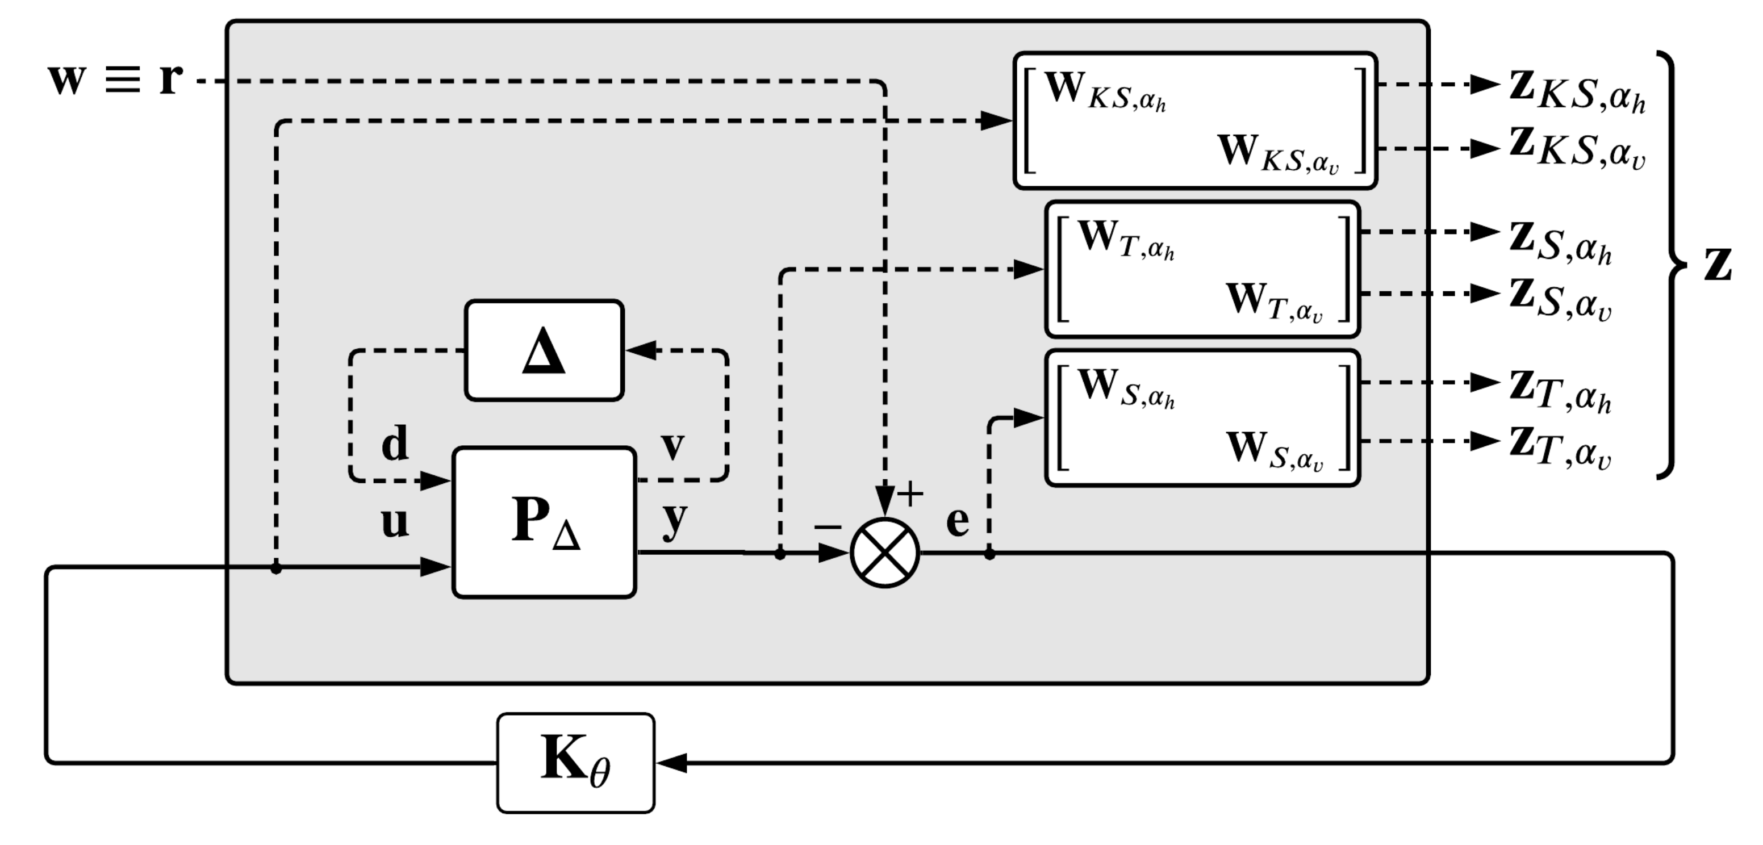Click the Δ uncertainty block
pyautogui.click(x=544, y=350)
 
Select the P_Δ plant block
pyautogui.click(x=545, y=523)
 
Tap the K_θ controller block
pyautogui.click(x=575, y=763)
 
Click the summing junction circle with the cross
pyautogui.click(x=885, y=552)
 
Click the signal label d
pyautogui.click(x=395, y=443)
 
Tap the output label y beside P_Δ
pyautogui.click(x=674, y=518)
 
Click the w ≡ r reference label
pyautogui.click(x=115, y=79)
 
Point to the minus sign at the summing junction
pyautogui.click(x=828, y=526)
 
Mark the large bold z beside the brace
pyautogui.click(x=1718, y=265)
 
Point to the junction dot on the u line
pyautogui.click(x=276, y=567)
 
